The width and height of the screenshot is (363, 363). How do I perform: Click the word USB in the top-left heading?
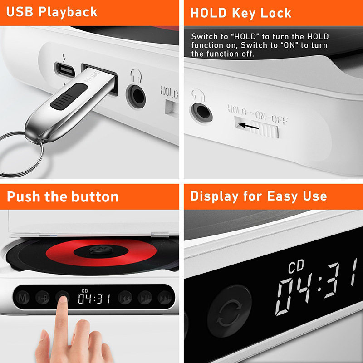pyautogui.click(x=19, y=11)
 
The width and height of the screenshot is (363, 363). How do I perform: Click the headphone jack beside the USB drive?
pyautogui.click(x=136, y=95)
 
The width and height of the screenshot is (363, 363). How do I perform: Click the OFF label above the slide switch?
pyautogui.click(x=280, y=120)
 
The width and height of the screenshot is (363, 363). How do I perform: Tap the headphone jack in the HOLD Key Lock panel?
pyautogui.click(x=200, y=111)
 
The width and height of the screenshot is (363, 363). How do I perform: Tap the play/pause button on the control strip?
pyautogui.click(x=145, y=298)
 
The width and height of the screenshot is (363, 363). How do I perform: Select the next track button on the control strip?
pyautogui.click(x=164, y=298)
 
